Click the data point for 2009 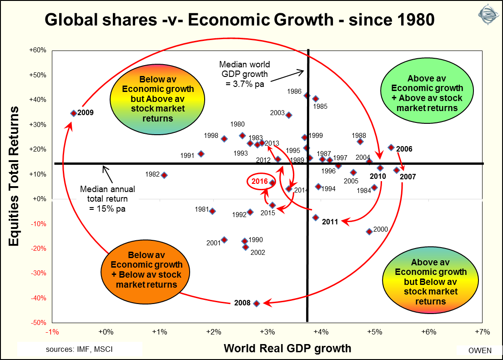[73, 113]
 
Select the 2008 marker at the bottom [256, 303]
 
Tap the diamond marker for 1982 [164, 175]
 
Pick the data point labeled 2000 [369, 231]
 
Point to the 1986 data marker [307, 96]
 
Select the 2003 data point [289, 115]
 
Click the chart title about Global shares [239, 20]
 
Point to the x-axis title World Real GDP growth [287, 348]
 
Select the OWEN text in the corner [479, 350]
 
